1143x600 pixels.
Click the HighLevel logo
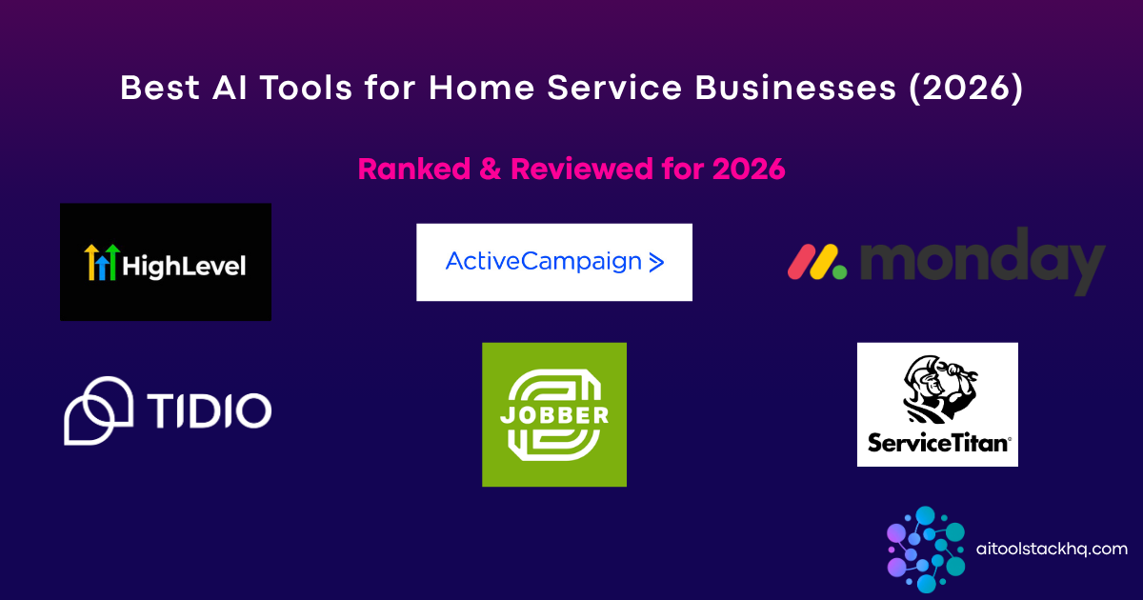pyautogui.click(x=165, y=262)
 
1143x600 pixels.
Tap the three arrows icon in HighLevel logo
pyautogui.click(x=101, y=262)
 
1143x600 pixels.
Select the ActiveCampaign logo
pyautogui.click(x=553, y=262)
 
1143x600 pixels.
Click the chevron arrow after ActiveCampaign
pyautogui.click(x=655, y=263)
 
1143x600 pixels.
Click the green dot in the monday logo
pyautogui.click(x=838, y=271)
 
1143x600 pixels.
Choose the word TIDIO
pyautogui.click(x=209, y=410)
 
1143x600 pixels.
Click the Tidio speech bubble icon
pyautogui.click(x=97, y=410)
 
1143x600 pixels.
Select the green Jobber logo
pyautogui.click(x=553, y=414)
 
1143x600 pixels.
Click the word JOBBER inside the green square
pyautogui.click(x=553, y=416)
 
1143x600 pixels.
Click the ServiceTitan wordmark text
pyautogui.click(x=937, y=443)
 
